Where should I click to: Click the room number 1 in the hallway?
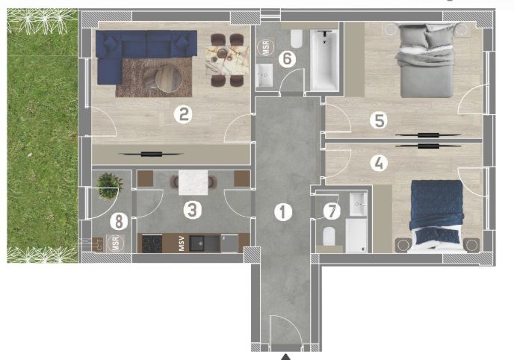pos(282,211)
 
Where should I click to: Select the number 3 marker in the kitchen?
pos(193,210)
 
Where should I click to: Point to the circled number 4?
pos(380,162)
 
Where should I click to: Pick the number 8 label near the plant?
pos(117,221)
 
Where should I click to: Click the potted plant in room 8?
pos(109,184)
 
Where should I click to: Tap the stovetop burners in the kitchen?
pos(152,243)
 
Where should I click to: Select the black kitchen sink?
pos(199,243)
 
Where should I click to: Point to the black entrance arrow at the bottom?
pos(285,356)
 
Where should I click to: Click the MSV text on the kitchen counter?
pos(181,244)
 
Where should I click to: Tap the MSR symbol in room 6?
pos(264,47)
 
